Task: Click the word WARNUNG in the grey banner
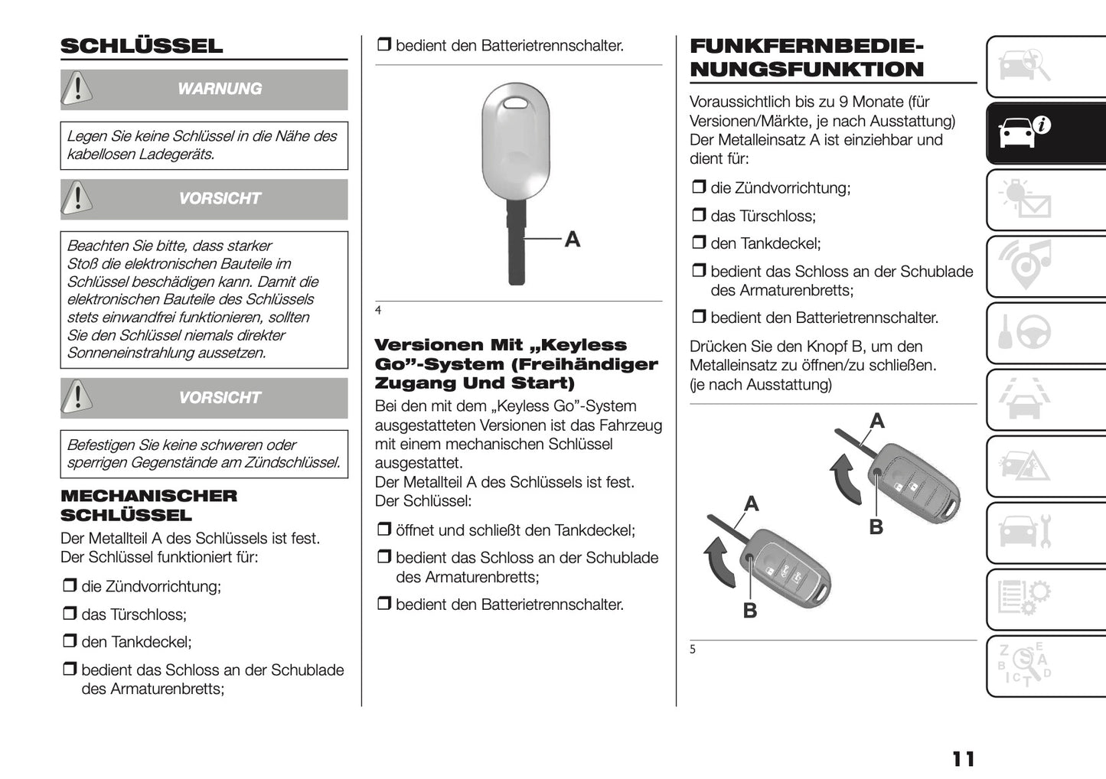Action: (x=220, y=89)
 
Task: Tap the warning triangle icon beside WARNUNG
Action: (x=77, y=89)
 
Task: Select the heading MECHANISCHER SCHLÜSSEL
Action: (x=148, y=505)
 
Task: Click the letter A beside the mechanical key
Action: (x=572, y=240)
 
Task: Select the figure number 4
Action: (x=378, y=310)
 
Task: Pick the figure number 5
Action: (x=693, y=650)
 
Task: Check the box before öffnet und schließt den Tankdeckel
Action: (x=383, y=530)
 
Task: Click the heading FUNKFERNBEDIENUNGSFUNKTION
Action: (x=807, y=57)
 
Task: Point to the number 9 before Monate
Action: (x=843, y=102)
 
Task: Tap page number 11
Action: (x=963, y=758)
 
